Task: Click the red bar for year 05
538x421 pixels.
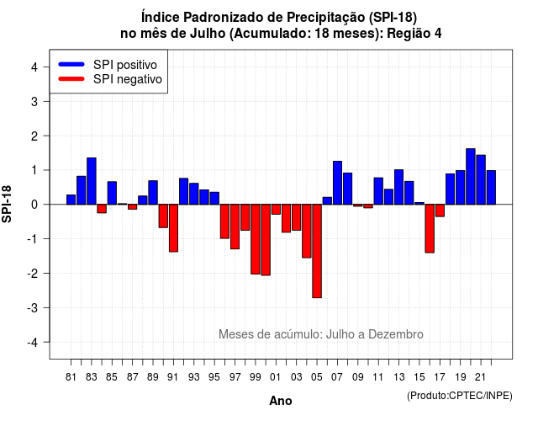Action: tap(317, 251)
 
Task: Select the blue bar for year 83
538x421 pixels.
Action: tap(92, 181)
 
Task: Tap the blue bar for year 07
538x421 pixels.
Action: tap(338, 183)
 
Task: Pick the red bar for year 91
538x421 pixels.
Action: tap(174, 228)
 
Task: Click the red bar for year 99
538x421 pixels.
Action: tap(256, 239)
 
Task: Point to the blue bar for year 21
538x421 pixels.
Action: tap(481, 179)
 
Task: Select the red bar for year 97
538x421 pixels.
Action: tap(235, 226)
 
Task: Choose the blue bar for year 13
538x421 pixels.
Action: tap(399, 187)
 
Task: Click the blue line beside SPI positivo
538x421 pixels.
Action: tap(71, 64)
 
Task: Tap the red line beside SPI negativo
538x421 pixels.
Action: tap(71, 78)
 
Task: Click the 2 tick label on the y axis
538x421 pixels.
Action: tap(34, 136)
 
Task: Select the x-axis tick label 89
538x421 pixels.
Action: tap(153, 377)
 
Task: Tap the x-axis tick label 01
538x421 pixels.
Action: tap(276, 377)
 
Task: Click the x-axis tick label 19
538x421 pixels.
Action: tap(461, 377)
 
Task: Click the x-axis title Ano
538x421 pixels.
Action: tap(281, 401)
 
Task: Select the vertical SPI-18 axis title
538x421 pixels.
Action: tap(7, 204)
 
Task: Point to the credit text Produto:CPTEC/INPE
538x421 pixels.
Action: tap(460, 396)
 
